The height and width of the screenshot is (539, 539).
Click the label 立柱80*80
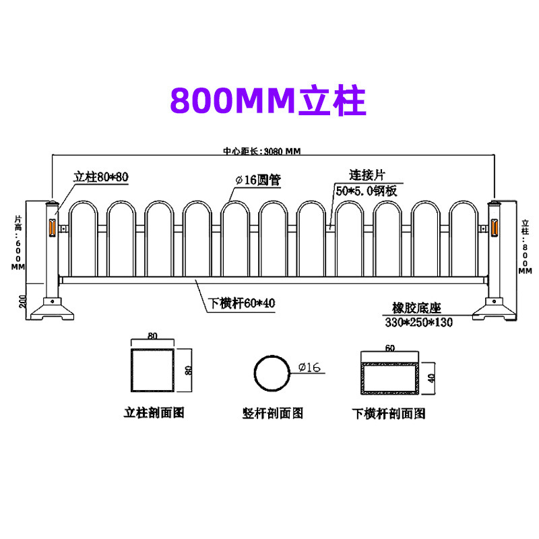pos(101,177)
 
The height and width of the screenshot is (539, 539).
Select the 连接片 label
pos(361,175)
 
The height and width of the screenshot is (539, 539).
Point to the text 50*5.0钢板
pos(367,191)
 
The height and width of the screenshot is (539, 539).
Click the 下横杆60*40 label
pos(241,303)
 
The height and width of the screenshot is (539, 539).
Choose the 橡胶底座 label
pos(416,308)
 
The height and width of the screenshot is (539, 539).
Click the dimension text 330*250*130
pos(418,322)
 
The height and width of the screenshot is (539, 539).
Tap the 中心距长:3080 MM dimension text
pos(262,152)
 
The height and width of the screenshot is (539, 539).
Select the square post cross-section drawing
pos(152,371)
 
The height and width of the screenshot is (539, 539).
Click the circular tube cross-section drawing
pos(272,371)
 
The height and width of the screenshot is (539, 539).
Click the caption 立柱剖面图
pos(154,412)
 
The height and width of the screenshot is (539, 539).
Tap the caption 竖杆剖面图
pos(273,412)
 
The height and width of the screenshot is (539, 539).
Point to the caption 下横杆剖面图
pos(389,412)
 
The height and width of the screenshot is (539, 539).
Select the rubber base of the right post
pos(496,311)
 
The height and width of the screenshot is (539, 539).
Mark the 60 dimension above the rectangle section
pos(390,348)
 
